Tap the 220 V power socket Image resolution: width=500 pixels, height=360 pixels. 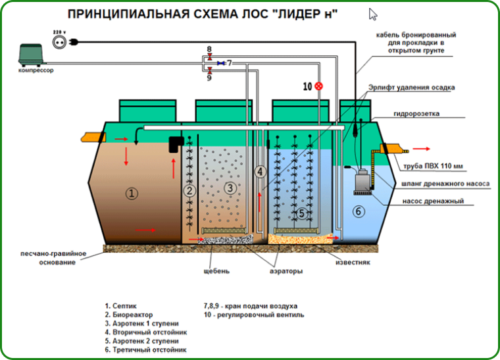coord(57,40)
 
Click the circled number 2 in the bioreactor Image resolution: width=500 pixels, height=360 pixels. coord(189,191)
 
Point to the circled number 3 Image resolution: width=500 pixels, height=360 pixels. coord(230,188)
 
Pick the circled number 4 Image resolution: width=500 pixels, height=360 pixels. coord(261,172)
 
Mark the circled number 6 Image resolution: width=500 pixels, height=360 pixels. coord(359,211)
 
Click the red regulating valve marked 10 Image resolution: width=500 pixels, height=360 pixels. coord(319,86)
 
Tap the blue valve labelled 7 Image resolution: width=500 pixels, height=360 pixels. coord(222,63)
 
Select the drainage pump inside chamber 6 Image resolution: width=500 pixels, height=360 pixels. coord(362,180)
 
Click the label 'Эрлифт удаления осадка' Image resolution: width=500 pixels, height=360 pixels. coord(419,87)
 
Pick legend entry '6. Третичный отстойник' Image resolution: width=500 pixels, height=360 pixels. coord(146,350)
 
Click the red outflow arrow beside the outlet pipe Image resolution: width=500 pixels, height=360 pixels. coord(418,149)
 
